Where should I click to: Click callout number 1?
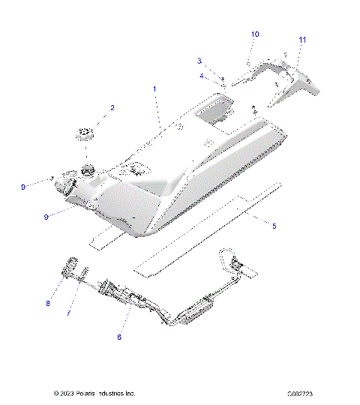click(154, 89)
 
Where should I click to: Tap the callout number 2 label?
click(112, 108)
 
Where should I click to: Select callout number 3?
click(199, 60)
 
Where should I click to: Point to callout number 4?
click(202, 75)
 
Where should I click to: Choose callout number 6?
click(118, 337)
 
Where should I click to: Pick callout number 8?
click(49, 304)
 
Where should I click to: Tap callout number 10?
click(255, 34)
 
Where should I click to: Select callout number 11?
click(302, 39)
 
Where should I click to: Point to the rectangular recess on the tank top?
click(213, 112)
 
